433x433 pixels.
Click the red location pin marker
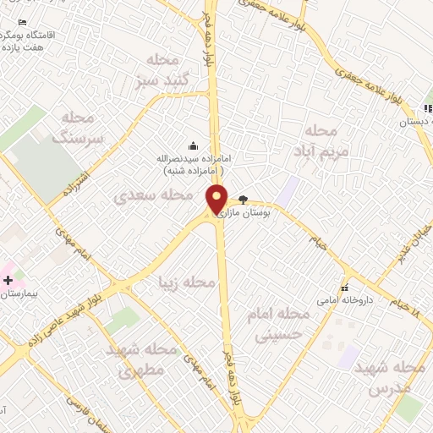(217, 200)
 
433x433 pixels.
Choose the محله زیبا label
(181, 282)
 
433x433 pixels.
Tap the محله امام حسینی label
(278, 323)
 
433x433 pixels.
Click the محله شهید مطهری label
(140, 359)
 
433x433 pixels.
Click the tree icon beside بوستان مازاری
(244, 200)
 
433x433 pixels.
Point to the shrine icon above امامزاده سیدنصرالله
(195, 145)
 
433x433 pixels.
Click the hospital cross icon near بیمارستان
(8, 280)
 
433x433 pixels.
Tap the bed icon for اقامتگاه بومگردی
(22, 22)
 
